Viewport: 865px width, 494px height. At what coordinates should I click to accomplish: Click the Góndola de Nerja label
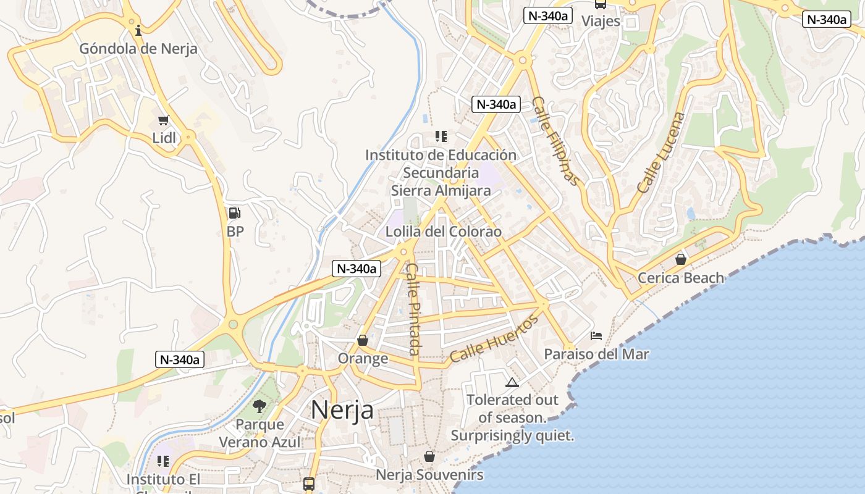coord(138,49)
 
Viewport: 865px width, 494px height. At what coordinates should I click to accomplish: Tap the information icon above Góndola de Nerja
coord(138,29)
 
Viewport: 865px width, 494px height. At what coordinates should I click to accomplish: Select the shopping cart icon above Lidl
coord(163,120)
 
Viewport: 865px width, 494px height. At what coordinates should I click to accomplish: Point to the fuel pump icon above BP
coord(235,213)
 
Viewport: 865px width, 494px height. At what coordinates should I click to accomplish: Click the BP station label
coord(235,232)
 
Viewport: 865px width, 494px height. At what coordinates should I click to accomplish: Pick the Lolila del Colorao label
coord(443,232)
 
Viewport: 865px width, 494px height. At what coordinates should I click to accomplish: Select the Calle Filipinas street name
coord(556,141)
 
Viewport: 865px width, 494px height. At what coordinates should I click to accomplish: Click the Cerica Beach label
coord(680,278)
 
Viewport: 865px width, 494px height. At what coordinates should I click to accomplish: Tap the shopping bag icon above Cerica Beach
coord(681,259)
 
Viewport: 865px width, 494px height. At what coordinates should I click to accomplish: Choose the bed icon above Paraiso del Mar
coord(596,336)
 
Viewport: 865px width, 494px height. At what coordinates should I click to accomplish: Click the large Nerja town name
coord(342,409)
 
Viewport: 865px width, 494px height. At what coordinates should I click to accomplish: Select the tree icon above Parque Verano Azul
coord(259,406)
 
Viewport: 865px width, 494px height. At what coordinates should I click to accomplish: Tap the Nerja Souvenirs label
coord(429,475)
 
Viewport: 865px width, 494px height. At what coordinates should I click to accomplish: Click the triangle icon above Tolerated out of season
coord(512,382)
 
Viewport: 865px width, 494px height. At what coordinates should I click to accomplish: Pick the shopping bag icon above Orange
coord(363,340)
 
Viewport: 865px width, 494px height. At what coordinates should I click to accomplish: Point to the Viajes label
coord(601,20)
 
